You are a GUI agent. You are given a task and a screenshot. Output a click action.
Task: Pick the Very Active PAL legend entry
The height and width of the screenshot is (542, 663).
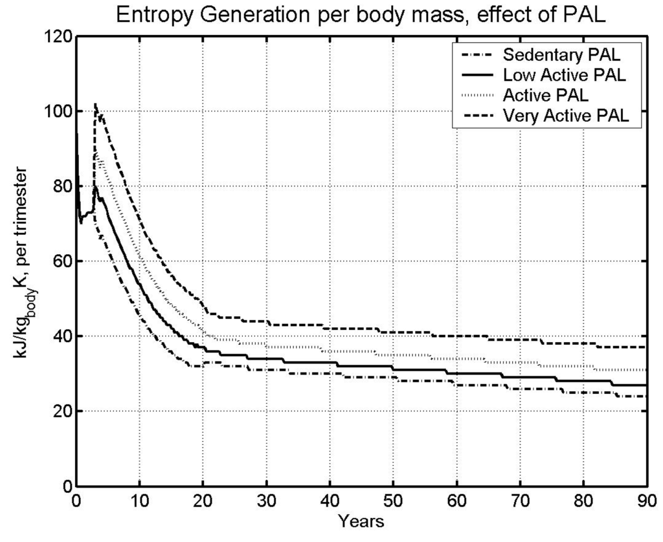click(x=560, y=116)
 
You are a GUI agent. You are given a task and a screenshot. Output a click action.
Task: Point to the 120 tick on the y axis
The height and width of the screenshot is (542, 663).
click(x=56, y=37)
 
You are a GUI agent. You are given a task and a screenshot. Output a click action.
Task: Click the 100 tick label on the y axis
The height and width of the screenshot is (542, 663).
click(x=56, y=112)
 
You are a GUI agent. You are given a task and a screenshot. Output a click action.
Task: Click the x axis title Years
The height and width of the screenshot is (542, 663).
click(x=362, y=520)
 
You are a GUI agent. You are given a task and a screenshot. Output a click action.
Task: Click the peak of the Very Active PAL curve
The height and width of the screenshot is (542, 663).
click(x=96, y=103)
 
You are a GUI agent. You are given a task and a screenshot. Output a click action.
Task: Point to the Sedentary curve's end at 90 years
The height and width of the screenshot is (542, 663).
click(x=646, y=396)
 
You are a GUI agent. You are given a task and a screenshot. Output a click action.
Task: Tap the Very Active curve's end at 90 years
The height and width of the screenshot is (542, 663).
click(x=646, y=347)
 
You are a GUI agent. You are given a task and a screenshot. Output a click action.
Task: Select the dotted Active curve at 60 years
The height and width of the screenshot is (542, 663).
click(x=456, y=359)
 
